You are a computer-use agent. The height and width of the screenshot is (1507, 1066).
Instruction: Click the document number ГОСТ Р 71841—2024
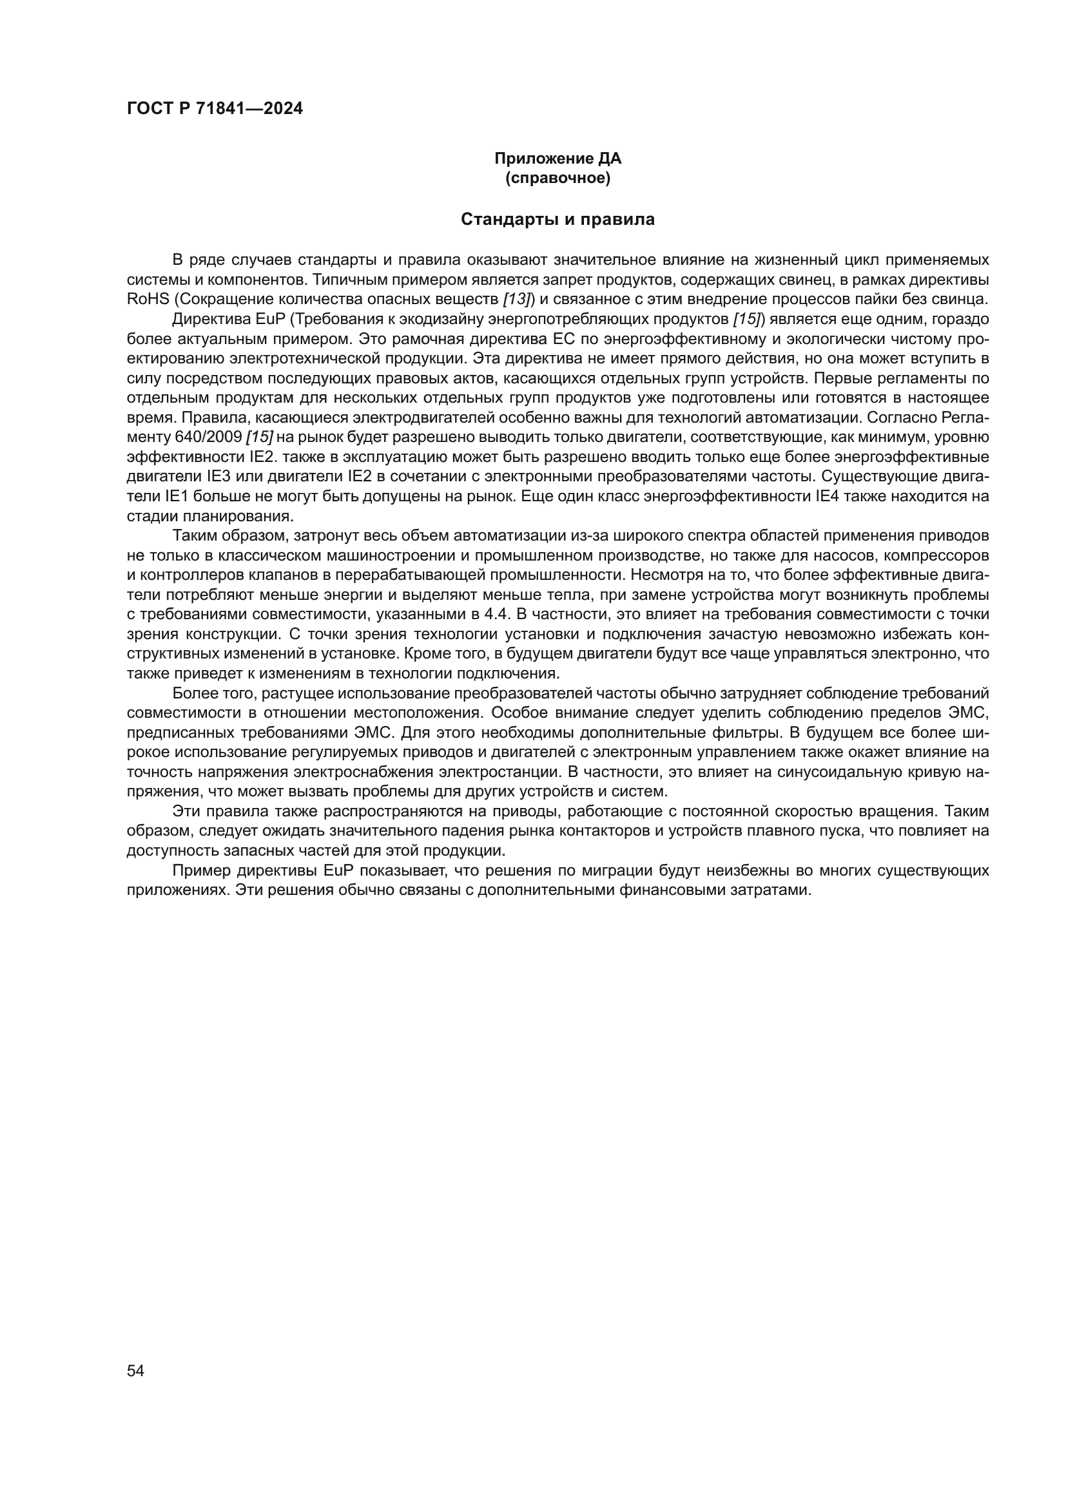[x=215, y=109]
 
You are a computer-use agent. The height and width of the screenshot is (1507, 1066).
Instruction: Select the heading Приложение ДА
[x=557, y=159]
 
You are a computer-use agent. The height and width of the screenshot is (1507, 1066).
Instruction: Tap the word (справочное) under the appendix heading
[x=557, y=178]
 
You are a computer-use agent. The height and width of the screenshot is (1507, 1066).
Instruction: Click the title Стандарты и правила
[x=557, y=219]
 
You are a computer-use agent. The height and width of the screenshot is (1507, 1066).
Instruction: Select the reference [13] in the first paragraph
[x=516, y=300]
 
